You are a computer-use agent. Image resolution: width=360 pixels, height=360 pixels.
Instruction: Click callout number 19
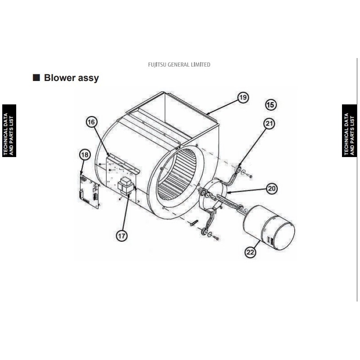click(243, 98)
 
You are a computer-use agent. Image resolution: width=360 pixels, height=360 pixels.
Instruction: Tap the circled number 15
click(271, 105)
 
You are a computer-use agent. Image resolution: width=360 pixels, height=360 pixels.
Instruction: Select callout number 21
click(269, 124)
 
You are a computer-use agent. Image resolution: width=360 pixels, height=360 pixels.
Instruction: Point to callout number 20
click(272, 189)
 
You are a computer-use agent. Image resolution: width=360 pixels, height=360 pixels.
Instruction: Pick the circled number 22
click(250, 252)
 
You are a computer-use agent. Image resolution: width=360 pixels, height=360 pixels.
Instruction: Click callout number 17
click(121, 235)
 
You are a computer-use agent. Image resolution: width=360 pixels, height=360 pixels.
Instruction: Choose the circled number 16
click(91, 122)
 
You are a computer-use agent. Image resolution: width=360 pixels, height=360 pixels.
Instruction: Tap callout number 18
click(85, 154)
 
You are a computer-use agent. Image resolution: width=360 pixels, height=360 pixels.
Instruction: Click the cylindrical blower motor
click(269, 227)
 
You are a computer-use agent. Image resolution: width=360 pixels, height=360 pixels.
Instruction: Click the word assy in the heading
click(89, 78)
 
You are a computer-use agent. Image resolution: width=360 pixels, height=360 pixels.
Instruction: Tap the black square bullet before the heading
click(36, 77)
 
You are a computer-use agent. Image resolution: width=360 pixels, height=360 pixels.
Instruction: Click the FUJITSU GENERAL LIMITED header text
click(179, 65)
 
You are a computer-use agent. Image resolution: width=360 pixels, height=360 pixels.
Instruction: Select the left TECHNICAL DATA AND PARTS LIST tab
click(9, 130)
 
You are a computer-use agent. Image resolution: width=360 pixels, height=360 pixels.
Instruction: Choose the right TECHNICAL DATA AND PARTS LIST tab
click(349, 130)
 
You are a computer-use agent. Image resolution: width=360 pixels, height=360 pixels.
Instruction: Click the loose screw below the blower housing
click(194, 223)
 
